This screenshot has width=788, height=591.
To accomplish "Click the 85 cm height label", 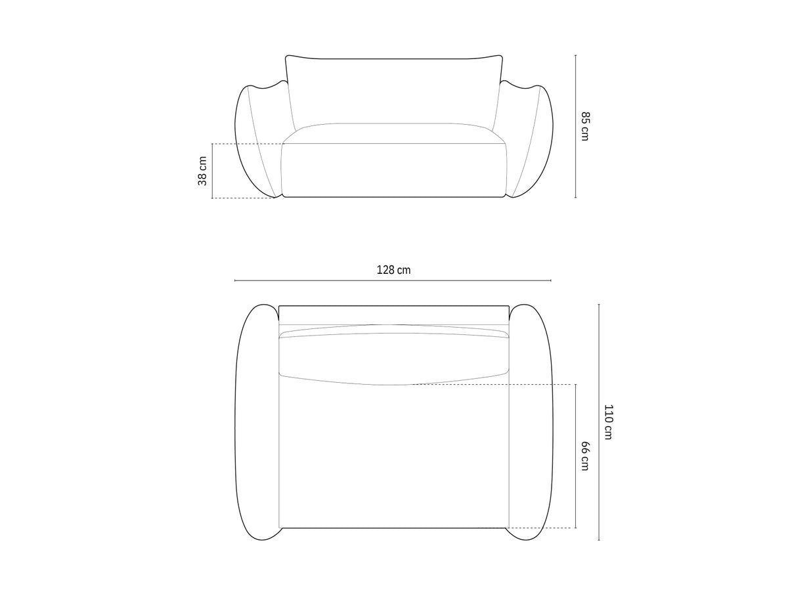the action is [x=585, y=126].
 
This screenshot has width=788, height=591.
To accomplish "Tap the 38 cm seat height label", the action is [x=202, y=171].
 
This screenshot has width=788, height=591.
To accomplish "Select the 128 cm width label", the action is [x=393, y=270].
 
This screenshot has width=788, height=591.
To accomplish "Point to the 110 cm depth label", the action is [x=608, y=422].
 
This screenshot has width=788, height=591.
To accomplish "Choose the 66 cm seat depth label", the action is [x=585, y=456].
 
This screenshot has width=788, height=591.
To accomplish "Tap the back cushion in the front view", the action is [x=394, y=91].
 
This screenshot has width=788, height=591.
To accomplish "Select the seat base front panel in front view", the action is [x=394, y=170].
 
